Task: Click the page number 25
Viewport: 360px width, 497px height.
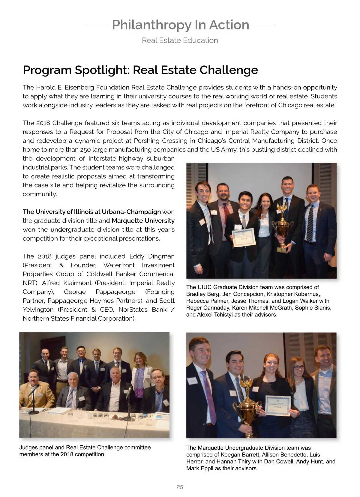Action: (x=180, y=487)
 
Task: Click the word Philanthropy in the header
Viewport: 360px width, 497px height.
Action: (x=151, y=25)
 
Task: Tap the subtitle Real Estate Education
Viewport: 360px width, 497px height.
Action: (x=180, y=40)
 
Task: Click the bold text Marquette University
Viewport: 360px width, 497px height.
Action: (x=143, y=221)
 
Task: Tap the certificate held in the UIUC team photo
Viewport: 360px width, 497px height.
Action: (x=243, y=237)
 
